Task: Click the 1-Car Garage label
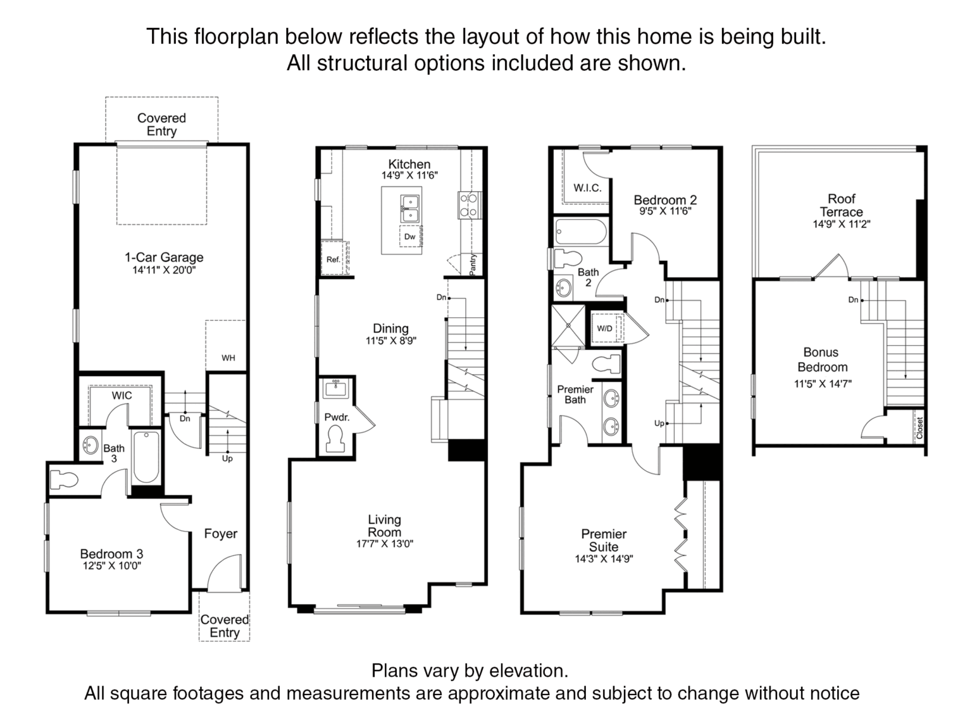click(164, 258)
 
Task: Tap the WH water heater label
click(228, 358)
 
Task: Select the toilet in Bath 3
click(64, 480)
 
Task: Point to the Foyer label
click(221, 534)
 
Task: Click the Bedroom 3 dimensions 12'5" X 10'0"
click(112, 565)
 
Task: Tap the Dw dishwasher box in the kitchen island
click(410, 237)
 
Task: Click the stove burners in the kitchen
click(470, 205)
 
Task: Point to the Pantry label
click(473, 265)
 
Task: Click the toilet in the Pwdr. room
click(336, 439)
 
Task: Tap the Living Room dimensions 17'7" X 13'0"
click(384, 544)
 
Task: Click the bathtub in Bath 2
click(581, 232)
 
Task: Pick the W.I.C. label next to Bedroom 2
click(587, 188)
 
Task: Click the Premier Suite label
click(604, 541)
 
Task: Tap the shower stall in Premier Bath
click(568, 325)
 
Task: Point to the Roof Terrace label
click(842, 205)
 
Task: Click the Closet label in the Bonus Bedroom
click(919, 427)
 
